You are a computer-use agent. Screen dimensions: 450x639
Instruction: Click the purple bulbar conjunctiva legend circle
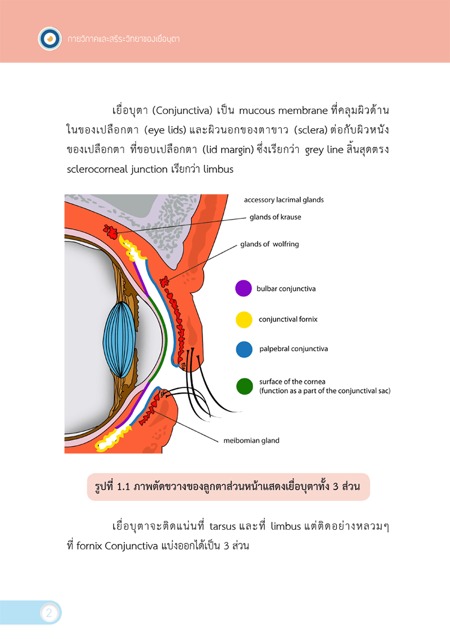tap(244, 288)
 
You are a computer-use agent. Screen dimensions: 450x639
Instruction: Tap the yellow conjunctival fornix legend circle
tap(244, 320)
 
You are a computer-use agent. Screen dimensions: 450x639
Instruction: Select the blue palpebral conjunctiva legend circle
tap(244, 349)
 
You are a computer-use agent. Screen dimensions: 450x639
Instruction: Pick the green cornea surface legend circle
tap(244, 386)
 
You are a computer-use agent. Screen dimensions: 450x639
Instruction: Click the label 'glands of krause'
tap(275, 217)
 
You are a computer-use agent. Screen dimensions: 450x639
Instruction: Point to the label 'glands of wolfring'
tap(269, 244)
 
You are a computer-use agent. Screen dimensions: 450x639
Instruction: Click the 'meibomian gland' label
tap(251, 440)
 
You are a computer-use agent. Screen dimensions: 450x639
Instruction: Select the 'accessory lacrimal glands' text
tap(284, 200)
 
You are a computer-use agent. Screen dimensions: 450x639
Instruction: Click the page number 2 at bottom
tap(49, 613)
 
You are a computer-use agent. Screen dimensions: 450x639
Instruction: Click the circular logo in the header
tap(49, 39)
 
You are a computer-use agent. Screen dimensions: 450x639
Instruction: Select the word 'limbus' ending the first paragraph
tap(218, 169)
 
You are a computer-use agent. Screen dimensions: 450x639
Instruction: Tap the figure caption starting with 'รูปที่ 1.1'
tap(227, 486)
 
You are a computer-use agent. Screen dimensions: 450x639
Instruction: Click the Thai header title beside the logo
tap(123, 39)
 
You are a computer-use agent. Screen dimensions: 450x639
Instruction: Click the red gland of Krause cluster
tap(111, 232)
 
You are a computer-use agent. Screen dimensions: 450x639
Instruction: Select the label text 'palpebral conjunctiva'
tap(294, 349)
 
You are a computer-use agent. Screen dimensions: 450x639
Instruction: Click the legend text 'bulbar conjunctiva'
tap(286, 288)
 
